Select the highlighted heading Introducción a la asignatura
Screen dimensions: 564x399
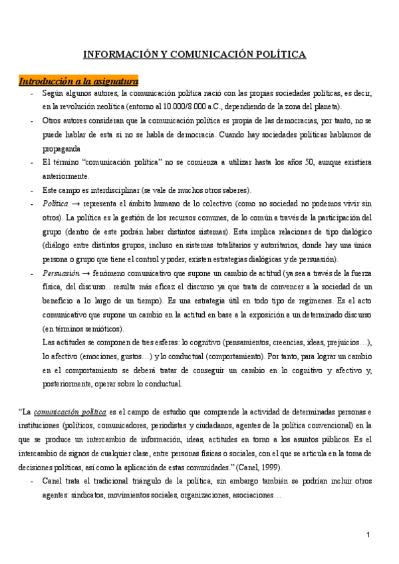coord(78,81)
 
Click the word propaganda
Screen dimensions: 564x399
coord(61,148)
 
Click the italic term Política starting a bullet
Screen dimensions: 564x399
coord(55,204)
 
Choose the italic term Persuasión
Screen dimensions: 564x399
coord(59,273)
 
